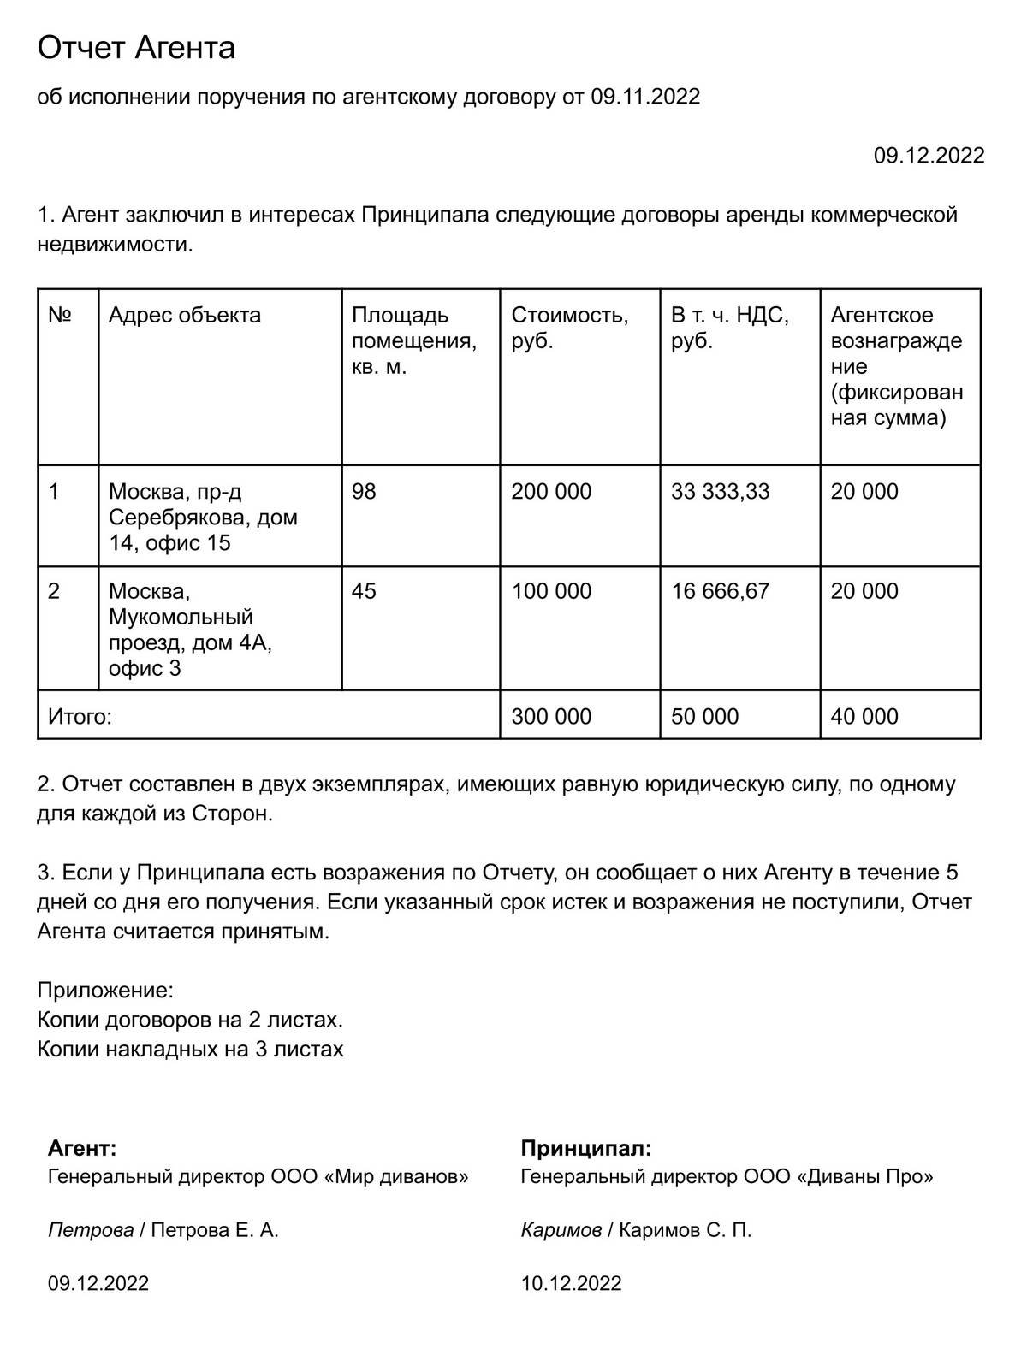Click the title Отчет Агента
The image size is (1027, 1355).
(136, 48)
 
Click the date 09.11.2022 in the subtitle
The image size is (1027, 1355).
(644, 97)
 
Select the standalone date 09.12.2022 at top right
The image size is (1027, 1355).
(929, 156)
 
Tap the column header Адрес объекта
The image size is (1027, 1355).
(184, 316)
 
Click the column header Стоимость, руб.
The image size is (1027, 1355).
(569, 328)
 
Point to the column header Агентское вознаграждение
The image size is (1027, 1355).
(896, 366)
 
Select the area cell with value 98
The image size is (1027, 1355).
(364, 492)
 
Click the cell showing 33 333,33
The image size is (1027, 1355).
(720, 492)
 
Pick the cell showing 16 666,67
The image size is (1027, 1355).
(720, 591)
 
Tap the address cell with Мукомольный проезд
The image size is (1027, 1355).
(189, 630)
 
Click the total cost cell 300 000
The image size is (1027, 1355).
(551, 717)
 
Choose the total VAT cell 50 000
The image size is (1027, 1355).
(704, 717)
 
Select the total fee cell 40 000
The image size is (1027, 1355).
(864, 717)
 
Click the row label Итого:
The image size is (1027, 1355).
(80, 717)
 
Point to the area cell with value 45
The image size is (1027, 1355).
(364, 591)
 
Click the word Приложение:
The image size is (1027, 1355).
(105, 991)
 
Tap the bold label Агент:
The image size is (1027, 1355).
(82, 1148)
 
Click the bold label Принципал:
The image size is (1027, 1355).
(585, 1148)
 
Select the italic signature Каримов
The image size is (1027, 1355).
(561, 1231)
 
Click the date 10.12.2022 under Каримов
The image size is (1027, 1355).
(571, 1283)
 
